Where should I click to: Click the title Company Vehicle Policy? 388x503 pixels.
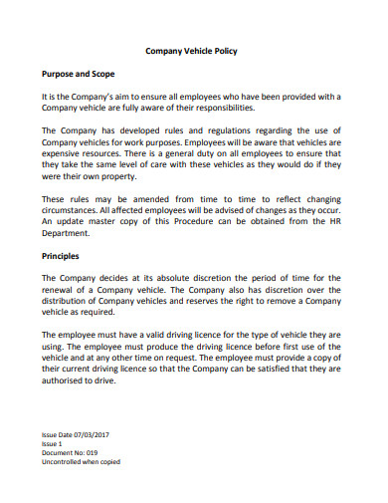[192, 50]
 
